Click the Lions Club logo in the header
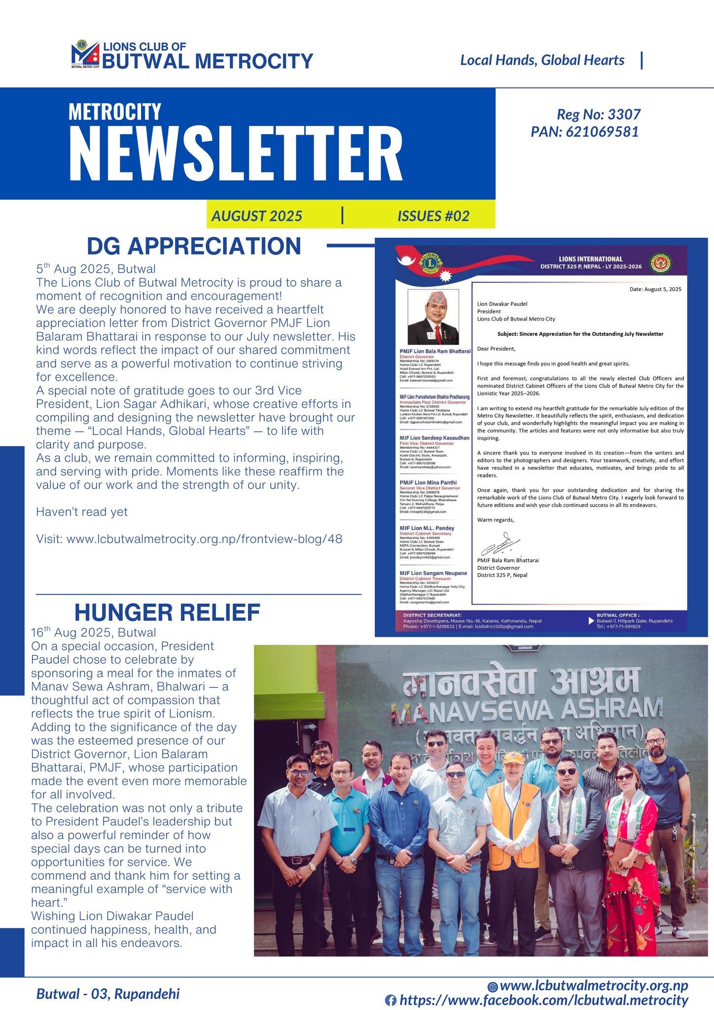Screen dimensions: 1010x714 (85, 54)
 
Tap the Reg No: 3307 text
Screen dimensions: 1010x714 (598, 114)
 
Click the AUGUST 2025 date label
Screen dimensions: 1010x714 (256, 216)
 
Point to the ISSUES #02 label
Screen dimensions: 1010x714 (433, 216)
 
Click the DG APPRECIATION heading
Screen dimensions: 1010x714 (193, 246)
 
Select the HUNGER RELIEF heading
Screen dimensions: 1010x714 (167, 613)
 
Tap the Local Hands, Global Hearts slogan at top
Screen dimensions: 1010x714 (542, 60)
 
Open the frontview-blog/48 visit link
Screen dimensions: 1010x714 (189, 539)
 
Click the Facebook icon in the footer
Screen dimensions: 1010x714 (391, 1001)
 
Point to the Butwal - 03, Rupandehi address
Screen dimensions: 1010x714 (108, 994)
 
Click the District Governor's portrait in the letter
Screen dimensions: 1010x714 (433, 317)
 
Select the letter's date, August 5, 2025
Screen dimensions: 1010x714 (655, 289)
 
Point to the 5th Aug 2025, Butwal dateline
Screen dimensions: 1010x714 (96, 269)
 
